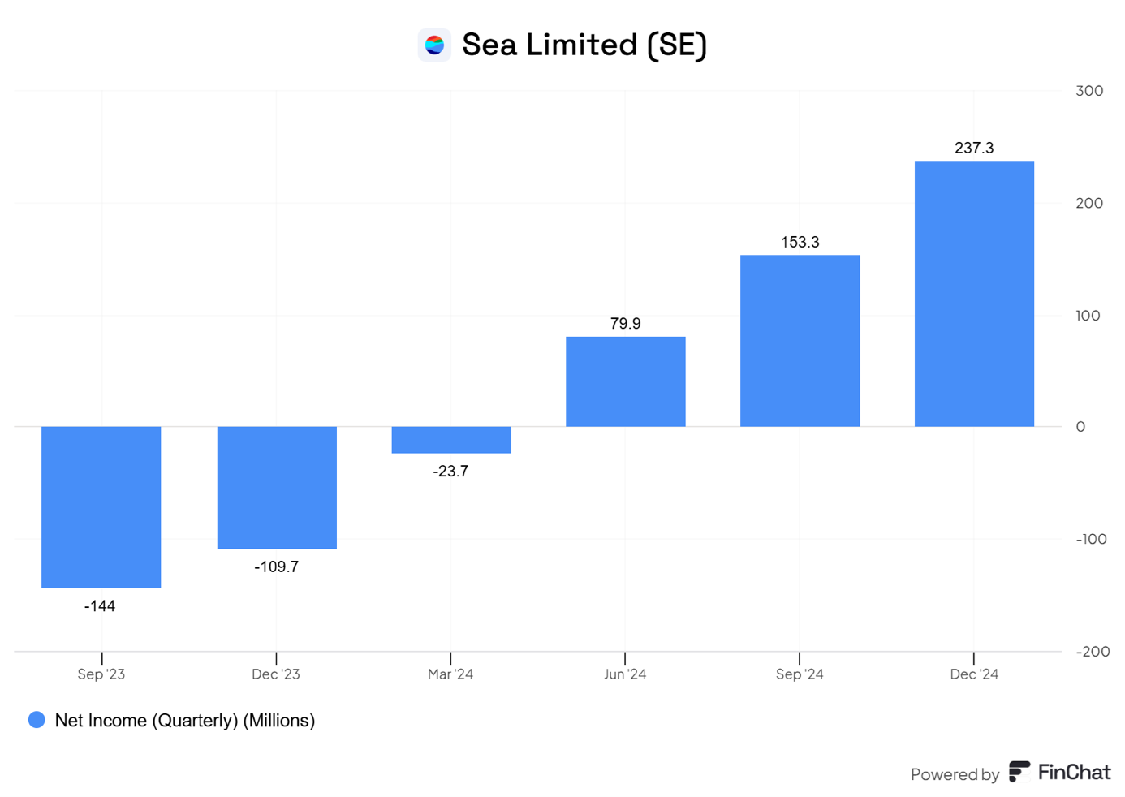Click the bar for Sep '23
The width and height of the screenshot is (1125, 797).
[x=101, y=506]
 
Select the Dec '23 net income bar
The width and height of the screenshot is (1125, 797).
[x=277, y=487]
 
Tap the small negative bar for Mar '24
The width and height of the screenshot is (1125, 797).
[x=451, y=440]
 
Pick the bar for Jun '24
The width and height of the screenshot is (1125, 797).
[x=626, y=381]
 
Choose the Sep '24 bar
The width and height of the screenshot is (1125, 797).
[x=800, y=341]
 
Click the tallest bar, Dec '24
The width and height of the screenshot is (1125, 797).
[x=974, y=294]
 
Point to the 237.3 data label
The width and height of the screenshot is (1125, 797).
[x=974, y=148]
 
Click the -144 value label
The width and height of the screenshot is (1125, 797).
[x=100, y=606]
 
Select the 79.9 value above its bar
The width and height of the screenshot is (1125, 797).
[x=625, y=324]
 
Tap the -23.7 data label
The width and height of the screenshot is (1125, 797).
[x=450, y=472]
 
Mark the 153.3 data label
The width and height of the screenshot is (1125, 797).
[x=800, y=242]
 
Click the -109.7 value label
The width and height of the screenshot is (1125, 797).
[x=276, y=567]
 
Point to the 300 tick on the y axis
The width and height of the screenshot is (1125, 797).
[x=1089, y=91]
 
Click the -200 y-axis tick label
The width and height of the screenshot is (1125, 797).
[x=1092, y=652]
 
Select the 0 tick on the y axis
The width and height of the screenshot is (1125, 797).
[x=1080, y=427]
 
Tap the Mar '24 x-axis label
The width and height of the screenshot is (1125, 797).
[x=450, y=674]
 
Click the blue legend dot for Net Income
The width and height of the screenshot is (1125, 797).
[x=37, y=720]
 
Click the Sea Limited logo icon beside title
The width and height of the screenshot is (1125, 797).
[x=434, y=45]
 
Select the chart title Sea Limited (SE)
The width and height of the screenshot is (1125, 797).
[x=584, y=45]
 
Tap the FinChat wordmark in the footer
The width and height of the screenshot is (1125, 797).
[x=1073, y=773]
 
